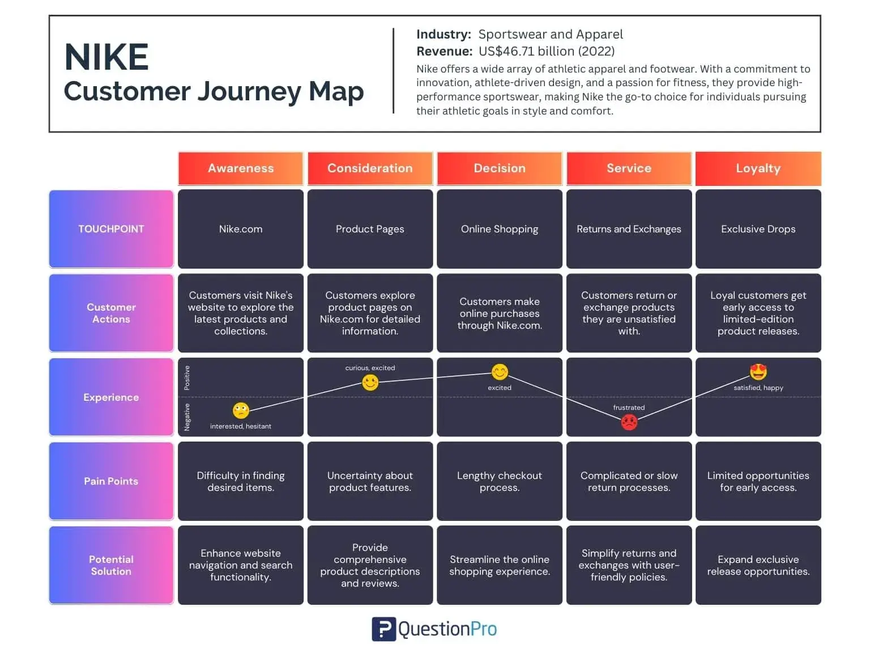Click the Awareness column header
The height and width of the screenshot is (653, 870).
tap(241, 168)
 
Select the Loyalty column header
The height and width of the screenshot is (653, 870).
tap(758, 168)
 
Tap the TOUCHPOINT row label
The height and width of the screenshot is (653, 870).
tap(111, 229)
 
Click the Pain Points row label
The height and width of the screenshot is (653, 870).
tap(111, 481)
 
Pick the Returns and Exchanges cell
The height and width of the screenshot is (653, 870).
tap(629, 229)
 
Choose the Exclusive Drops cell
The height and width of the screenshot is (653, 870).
tap(758, 229)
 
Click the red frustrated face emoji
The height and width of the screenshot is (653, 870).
tap(629, 422)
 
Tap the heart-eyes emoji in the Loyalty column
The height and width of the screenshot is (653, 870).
tap(758, 372)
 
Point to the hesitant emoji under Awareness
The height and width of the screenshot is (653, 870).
tap(241, 410)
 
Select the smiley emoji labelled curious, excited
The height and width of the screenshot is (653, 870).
tap(370, 383)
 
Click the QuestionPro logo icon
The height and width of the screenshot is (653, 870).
tap(383, 629)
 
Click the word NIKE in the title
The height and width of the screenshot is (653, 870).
tap(106, 57)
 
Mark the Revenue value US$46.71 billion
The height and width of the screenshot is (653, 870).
tap(547, 51)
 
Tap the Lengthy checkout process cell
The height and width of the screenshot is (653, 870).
tap(500, 481)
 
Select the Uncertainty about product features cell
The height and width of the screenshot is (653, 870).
tap(370, 481)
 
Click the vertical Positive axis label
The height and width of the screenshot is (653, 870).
tap(187, 378)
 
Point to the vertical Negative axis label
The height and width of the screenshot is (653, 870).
tap(187, 417)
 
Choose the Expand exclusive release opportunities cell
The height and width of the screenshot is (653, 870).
tap(758, 565)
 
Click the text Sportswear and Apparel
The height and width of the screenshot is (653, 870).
tap(551, 34)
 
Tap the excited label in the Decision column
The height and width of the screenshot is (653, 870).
tap(500, 388)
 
